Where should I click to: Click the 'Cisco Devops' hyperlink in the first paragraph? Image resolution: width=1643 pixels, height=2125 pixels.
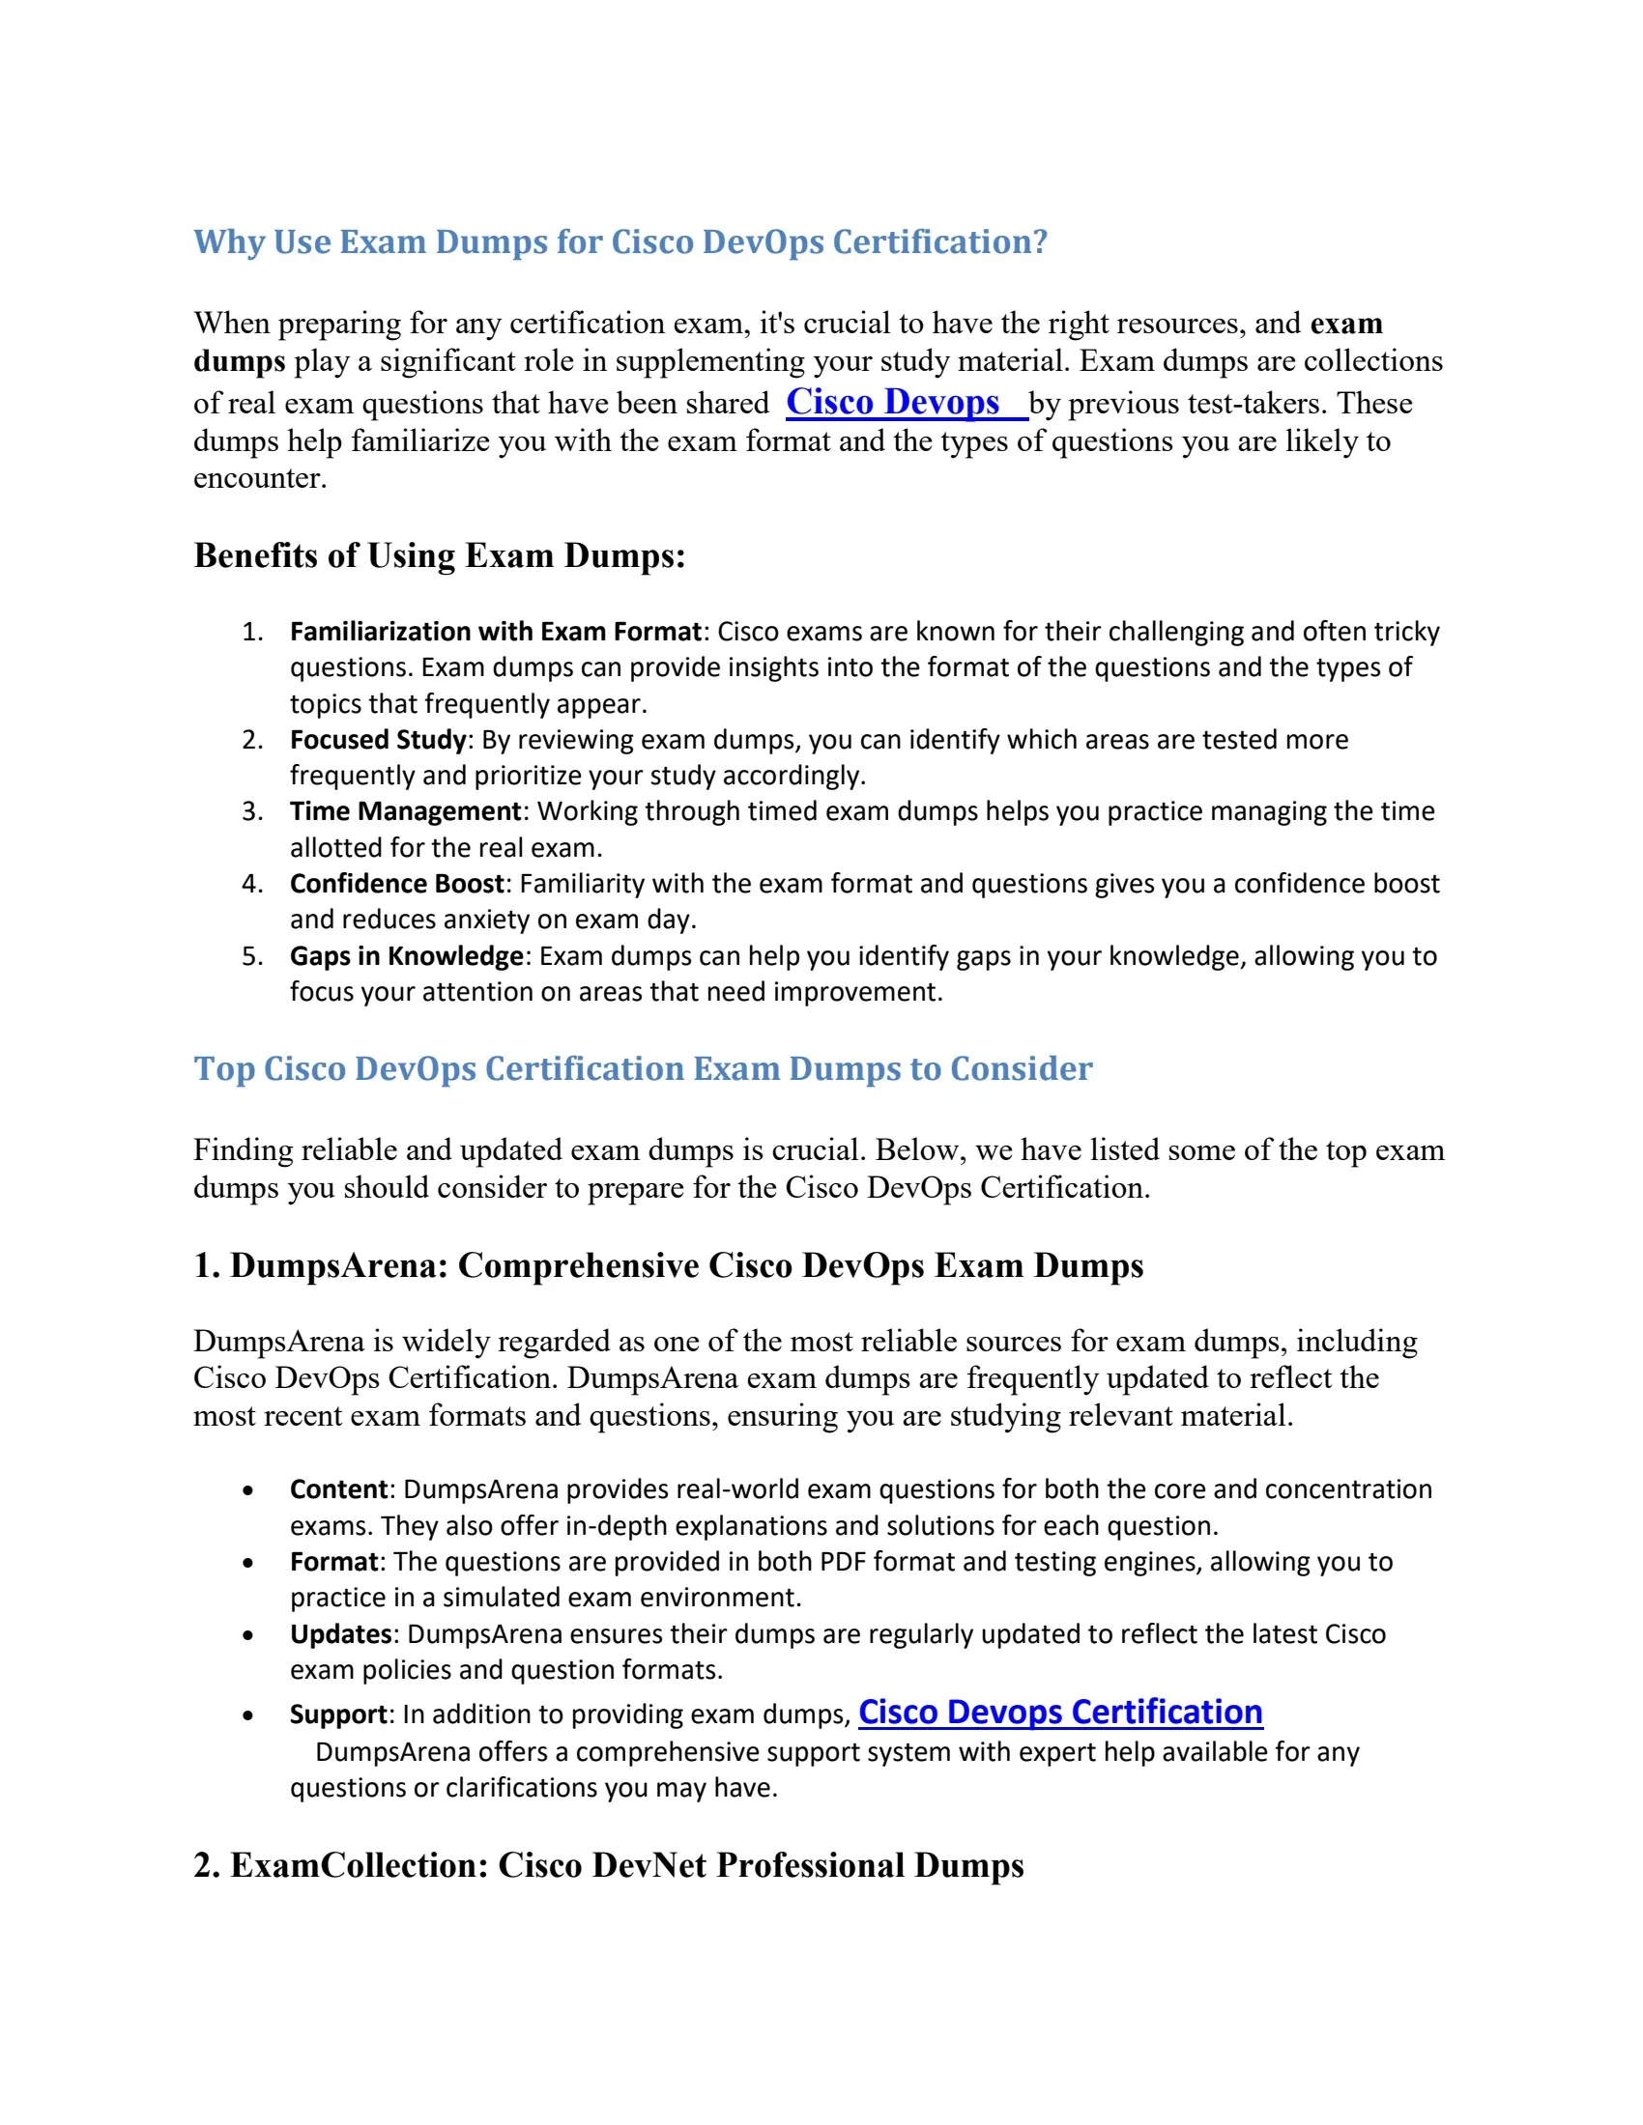point(893,402)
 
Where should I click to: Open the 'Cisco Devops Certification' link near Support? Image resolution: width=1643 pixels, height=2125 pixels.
point(1060,1712)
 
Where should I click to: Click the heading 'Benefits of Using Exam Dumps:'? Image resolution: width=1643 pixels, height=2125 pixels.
point(440,555)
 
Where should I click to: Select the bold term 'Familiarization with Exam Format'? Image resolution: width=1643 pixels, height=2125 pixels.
point(496,632)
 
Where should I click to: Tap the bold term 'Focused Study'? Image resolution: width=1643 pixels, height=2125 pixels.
point(378,740)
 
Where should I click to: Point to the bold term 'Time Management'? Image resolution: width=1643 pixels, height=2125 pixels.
point(406,811)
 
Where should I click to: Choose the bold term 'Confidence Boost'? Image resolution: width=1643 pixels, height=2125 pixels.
point(397,884)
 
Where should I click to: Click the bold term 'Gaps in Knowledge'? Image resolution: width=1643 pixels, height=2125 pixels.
point(407,955)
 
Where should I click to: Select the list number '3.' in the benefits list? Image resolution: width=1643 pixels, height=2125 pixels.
point(252,811)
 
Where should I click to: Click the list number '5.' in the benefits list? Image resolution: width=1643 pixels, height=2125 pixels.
point(252,955)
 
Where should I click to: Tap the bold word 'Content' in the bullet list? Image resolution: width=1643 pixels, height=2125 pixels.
point(338,1489)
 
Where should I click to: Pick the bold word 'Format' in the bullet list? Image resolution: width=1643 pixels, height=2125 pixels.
point(333,1562)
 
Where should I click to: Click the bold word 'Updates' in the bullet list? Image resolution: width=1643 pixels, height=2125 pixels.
point(340,1633)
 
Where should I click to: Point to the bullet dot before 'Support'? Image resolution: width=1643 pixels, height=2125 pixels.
point(248,1716)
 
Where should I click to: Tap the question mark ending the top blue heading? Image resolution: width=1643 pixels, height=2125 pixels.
point(1040,241)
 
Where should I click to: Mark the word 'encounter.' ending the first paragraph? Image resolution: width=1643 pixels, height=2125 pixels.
point(260,478)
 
